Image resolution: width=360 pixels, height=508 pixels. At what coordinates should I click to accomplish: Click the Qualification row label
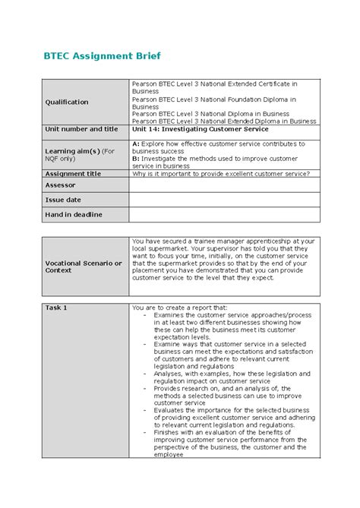pyautogui.click(x=67, y=102)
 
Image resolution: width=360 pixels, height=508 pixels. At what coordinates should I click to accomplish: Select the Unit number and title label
pyautogui.click(x=81, y=129)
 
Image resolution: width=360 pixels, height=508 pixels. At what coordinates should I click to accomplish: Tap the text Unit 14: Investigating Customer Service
pyautogui.click(x=200, y=129)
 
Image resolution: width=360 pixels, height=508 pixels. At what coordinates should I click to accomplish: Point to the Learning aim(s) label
pyautogui.click(x=80, y=154)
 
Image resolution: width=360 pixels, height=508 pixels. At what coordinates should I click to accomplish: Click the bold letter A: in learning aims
pyautogui.click(x=136, y=143)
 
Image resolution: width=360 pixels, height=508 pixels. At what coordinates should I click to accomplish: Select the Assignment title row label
pyautogui.click(x=73, y=173)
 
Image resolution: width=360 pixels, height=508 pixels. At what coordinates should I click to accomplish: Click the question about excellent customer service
pyautogui.click(x=220, y=173)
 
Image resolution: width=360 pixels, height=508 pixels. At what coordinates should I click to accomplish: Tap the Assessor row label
pyautogui.click(x=61, y=185)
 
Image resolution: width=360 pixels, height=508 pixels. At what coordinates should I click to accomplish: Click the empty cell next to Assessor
pyautogui.click(x=224, y=185)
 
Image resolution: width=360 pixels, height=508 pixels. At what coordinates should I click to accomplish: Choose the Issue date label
pyautogui.click(x=64, y=200)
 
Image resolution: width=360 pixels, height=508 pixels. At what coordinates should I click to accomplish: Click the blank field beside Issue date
pyautogui.click(x=224, y=200)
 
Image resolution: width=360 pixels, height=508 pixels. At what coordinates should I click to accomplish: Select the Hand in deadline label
pyautogui.click(x=74, y=215)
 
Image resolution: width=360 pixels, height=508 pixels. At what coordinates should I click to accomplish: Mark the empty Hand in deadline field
pyautogui.click(x=224, y=215)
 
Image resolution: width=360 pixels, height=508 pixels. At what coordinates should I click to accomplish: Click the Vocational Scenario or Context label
pyautogui.click(x=84, y=267)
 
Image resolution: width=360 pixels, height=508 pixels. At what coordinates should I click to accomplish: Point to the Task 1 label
pyautogui.click(x=56, y=308)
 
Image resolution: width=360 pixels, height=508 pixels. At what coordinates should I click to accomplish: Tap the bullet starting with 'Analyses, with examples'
pyautogui.click(x=231, y=374)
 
